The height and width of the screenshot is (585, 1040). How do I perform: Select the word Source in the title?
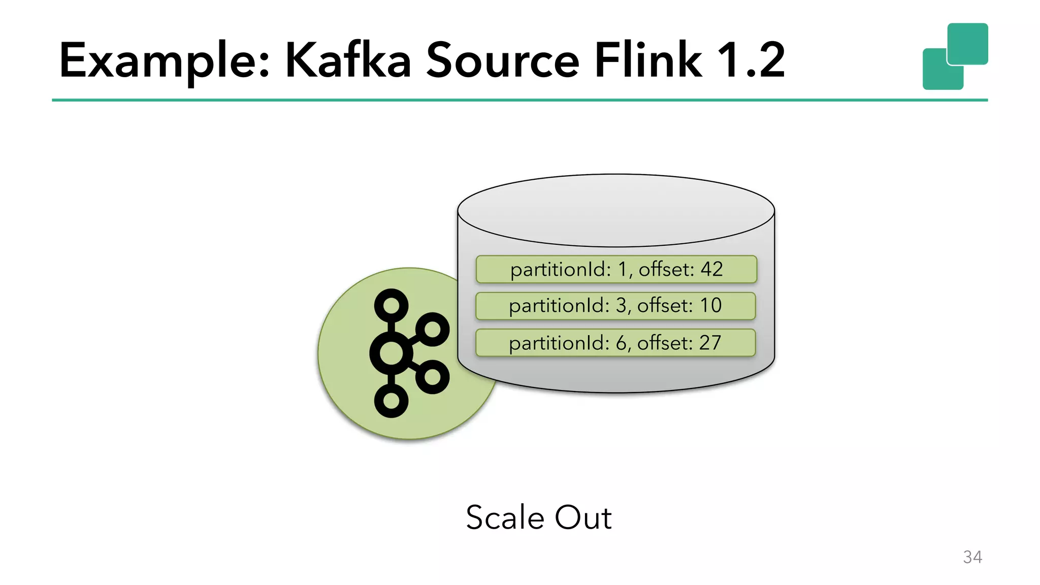click(x=502, y=61)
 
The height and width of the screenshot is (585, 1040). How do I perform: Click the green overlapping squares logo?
click(x=955, y=56)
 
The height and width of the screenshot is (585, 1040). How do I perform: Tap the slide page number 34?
click(x=972, y=557)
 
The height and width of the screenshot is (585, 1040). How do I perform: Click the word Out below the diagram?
click(x=583, y=517)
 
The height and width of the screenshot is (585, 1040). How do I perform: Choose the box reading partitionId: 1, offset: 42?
click(x=616, y=269)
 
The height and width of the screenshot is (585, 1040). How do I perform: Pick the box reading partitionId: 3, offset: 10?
click(x=615, y=306)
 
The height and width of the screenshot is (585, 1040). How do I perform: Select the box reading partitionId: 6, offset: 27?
click(x=615, y=343)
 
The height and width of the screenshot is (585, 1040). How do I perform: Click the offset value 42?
click(x=711, y=269)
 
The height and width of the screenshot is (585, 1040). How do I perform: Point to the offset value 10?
click(x=710, y=306)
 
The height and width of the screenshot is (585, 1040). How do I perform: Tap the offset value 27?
click(x=710, y=343)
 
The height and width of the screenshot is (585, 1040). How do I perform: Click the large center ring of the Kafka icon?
click(x=391, y=353)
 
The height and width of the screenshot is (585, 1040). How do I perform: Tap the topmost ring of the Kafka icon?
click(x=391, y=306)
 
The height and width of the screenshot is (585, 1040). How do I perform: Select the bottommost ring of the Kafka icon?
click(x=391, y=401)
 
